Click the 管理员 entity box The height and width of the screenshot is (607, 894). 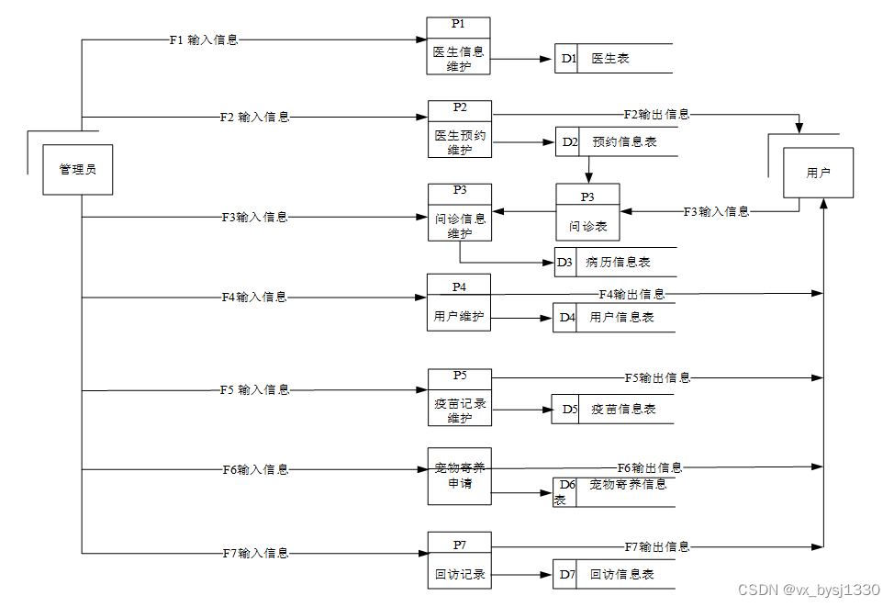[78, 170]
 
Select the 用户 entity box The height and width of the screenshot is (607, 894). [818, 173]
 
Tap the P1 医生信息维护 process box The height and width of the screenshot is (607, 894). [458, 46]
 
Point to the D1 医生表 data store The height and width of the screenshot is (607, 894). [613, 59]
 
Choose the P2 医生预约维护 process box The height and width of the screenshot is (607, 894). [460, 129]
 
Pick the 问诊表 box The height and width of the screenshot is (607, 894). [587, 213]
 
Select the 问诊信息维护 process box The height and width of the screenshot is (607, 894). [460, 212]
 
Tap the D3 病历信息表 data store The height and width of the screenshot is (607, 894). [616, 262]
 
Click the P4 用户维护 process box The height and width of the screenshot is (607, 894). [459, 303]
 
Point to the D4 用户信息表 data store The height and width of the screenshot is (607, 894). [613, 318]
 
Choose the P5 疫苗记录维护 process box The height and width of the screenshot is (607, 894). [460, 398]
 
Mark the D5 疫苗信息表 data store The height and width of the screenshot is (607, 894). [612, 410]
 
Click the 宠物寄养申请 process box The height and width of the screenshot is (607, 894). [460, 476]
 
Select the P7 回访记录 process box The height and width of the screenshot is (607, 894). [460, 560]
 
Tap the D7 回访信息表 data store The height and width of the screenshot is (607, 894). [613, 575]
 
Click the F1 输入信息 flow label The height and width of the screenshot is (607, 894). [204, 40]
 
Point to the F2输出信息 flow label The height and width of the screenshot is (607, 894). [656, 115]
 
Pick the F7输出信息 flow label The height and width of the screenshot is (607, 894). [657, 547]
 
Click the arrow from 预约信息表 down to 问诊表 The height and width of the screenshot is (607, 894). [588, 170]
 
